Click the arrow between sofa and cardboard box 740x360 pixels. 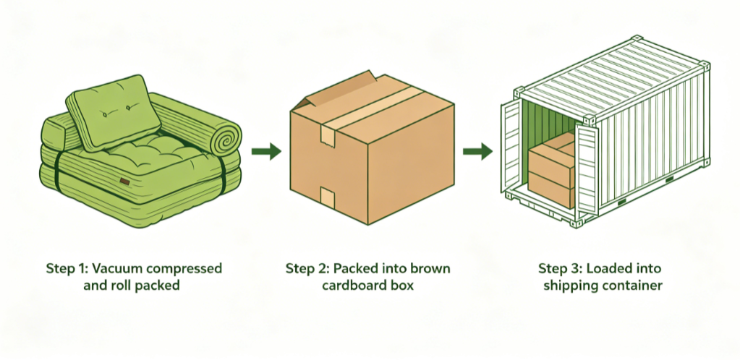point(266,151)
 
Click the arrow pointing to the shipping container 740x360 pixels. point(477,151)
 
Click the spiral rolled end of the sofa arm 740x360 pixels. point(226,134)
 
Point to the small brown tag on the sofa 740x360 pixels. point(125,181)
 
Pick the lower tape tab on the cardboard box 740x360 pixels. point(328,195)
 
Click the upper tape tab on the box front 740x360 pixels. point(328,136)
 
